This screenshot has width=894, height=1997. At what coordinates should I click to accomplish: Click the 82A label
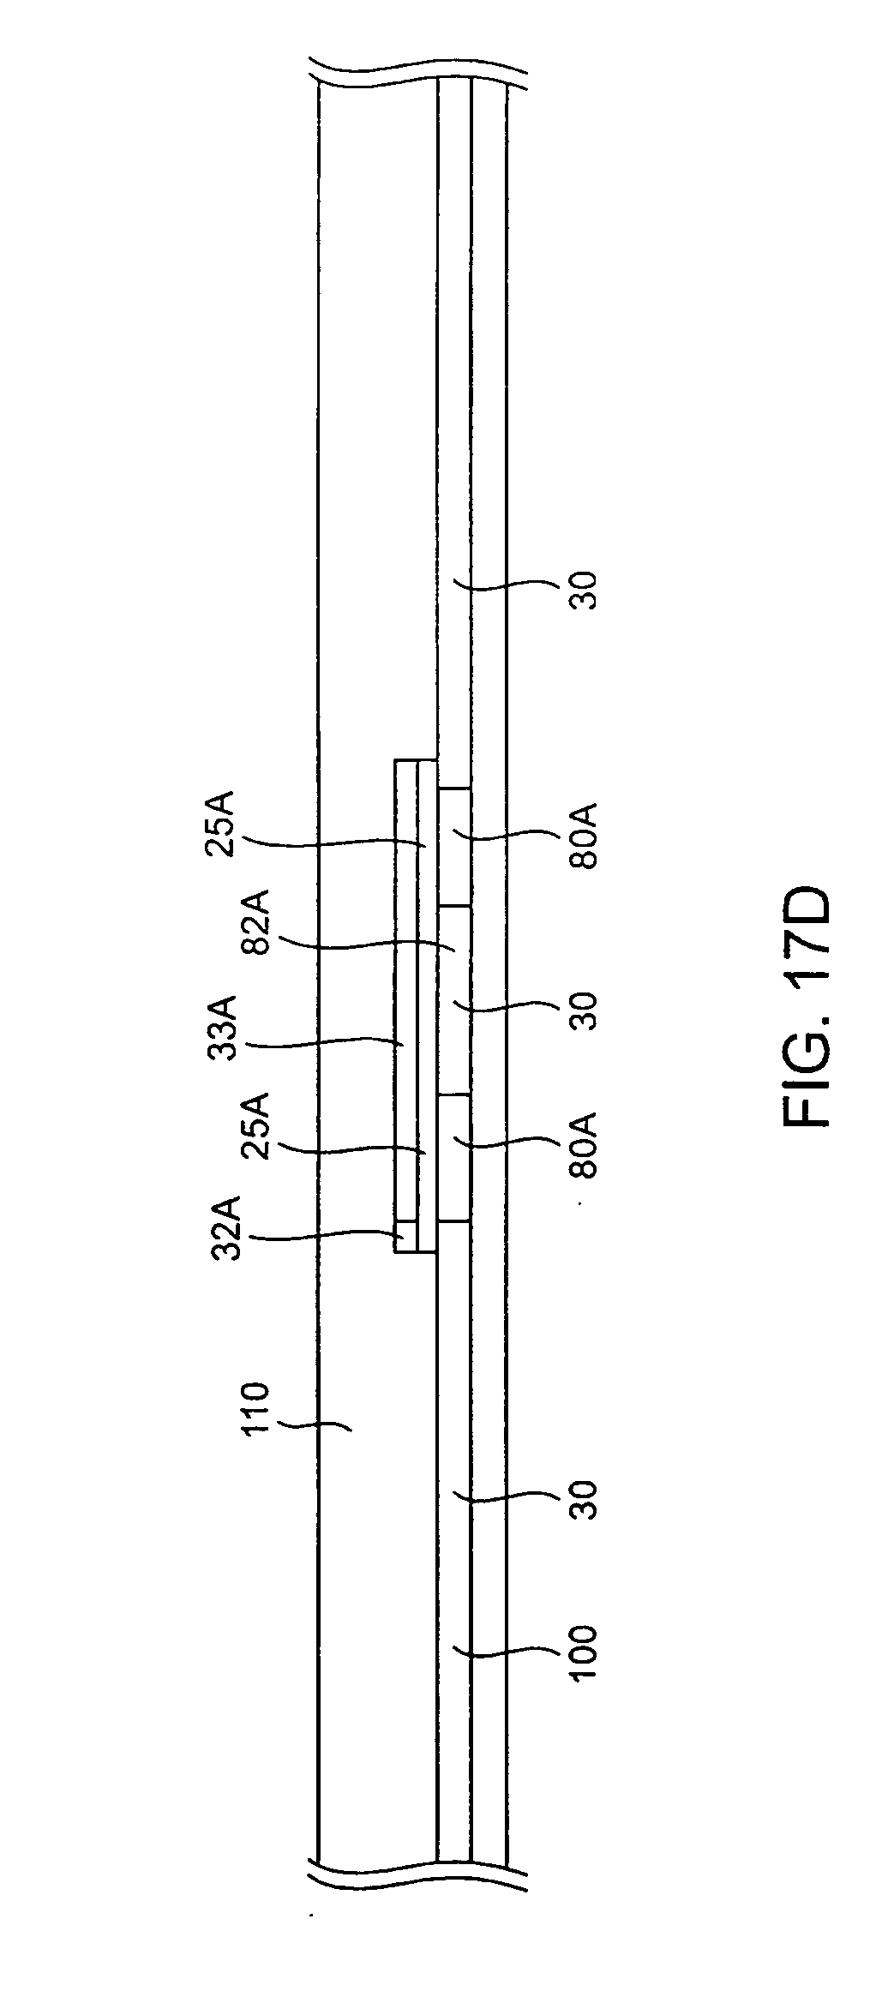point(256,920)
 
